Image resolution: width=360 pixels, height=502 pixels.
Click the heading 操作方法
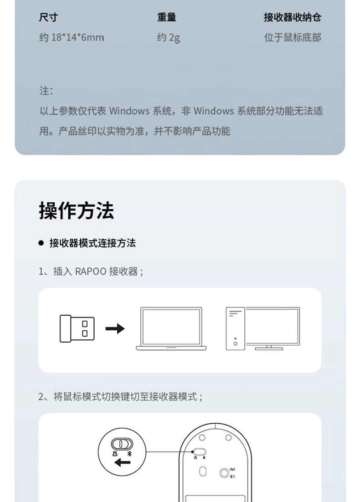(76, 210)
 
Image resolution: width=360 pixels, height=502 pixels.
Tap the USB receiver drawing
(77, 328)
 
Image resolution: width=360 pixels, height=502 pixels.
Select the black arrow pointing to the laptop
(115, 328)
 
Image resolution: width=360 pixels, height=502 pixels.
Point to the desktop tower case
(235, 328)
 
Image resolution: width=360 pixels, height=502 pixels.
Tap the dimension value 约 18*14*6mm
(72, 37)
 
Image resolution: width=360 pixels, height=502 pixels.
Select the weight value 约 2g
(168, 37)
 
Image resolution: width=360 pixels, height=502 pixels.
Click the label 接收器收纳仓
(292, 17)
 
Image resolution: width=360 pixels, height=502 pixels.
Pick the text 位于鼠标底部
(292, 37)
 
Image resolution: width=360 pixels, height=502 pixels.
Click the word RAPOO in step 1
(90, 271)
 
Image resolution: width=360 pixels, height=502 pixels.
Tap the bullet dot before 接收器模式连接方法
(41, 243)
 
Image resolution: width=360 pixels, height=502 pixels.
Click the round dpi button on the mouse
(224, 473)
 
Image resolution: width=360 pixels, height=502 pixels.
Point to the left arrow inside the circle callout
(122, 463)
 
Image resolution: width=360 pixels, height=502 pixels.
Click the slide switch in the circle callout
(122, 444)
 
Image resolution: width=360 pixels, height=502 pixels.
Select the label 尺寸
(48, 17)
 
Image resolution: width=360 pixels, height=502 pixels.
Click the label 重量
(167, 17)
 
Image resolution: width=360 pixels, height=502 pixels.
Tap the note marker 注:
(46, 91)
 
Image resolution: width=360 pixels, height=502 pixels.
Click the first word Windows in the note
(129, 111)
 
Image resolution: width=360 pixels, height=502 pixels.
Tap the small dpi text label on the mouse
(232, 468)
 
